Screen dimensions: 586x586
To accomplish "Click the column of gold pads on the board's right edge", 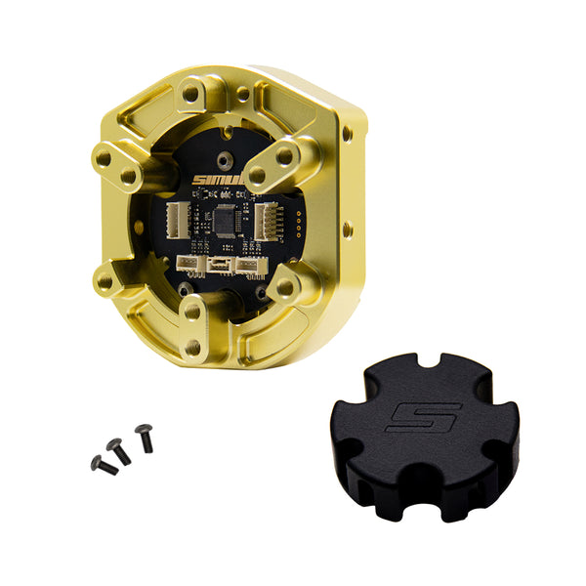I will point(292,218).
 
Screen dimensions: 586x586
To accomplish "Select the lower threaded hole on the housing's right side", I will point(349,232).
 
